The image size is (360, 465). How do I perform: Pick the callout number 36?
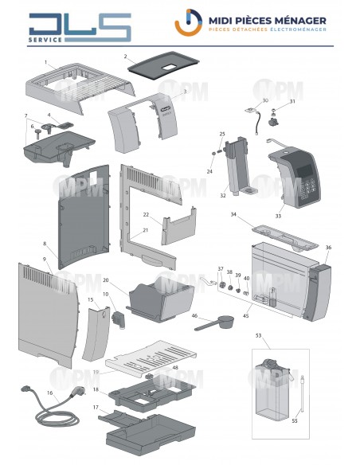[327, 247]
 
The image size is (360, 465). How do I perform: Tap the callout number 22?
[146, 215]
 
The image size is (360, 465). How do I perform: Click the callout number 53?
[257, 336]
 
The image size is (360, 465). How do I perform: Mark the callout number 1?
[46, 61]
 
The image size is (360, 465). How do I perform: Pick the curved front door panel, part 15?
[97, 334]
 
